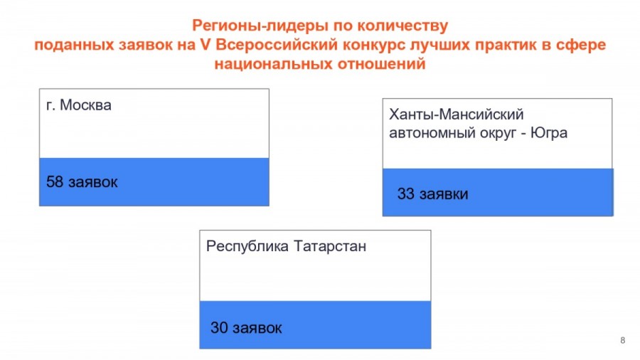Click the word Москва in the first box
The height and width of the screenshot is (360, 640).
(86, 105)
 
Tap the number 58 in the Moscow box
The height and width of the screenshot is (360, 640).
(55, 181)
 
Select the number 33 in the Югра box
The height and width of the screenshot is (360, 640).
(406, 194)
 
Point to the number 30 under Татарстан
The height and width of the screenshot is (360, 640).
(219, 327)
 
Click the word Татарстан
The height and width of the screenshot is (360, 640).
(330, 246)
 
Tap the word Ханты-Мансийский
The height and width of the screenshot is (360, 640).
(457, 115)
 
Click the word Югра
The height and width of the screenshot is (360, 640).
(549, 134)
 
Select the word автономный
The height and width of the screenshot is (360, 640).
(430, 134)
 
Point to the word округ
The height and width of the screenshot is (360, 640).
(498, 134)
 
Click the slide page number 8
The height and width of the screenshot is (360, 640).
(622, 340)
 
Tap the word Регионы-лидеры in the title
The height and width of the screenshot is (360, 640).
(260, 26)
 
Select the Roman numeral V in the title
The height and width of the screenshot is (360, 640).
(206, 45)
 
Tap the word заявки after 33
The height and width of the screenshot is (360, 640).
(444, 194)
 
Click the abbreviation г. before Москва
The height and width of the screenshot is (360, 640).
(50, 106)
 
